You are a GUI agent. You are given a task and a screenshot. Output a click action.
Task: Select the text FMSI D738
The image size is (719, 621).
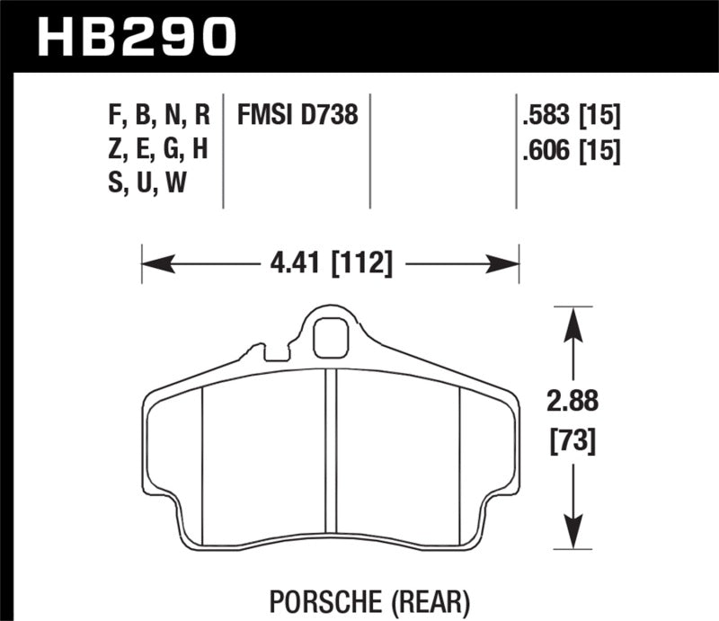(297, 116)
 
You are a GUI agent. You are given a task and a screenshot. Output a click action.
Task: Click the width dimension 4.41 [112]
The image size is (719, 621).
(331, 264)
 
